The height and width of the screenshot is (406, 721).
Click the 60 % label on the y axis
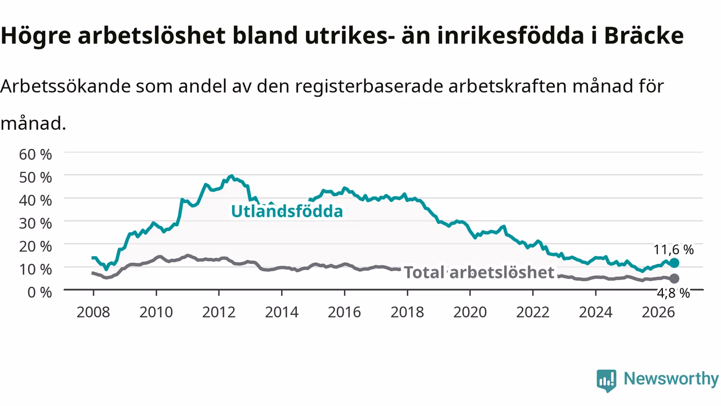coord(35,155)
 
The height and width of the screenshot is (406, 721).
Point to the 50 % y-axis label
coord(35,178)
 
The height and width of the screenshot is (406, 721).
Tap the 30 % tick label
coord(35,223)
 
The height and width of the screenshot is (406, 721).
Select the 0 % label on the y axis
coord(39,292)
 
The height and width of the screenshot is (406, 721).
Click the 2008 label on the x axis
coord(94,312)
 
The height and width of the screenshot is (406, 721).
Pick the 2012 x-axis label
coord(219,312)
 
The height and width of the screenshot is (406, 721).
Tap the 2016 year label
coord(344,312)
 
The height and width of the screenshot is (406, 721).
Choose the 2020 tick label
coord(470,312)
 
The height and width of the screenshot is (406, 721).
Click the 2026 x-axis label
coord(658,312)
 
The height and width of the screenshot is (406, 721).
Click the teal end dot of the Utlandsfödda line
coord(674,263)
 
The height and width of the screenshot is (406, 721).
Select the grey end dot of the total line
coord(674,279)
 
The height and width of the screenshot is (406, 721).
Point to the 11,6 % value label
coord(673,250)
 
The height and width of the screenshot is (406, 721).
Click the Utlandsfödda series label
coord(287,211)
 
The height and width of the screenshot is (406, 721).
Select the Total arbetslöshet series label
coord(479,272)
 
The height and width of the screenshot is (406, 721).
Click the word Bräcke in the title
coord(644,36)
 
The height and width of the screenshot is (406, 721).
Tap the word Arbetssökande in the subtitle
coord(65,86)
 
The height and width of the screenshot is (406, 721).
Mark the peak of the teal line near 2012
coord(231,176)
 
